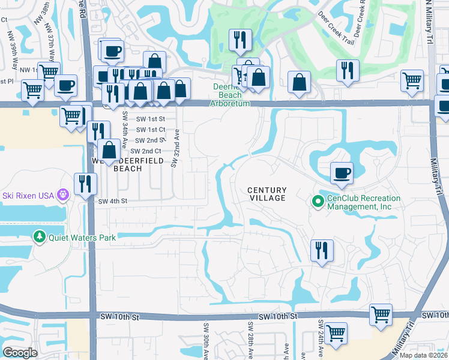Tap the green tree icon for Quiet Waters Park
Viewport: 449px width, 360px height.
click(x=40, y=238)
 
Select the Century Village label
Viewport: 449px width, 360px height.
click(x=267, y=194)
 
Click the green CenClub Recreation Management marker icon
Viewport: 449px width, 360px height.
click(x=318, y=202)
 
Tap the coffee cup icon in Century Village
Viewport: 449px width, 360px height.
click(x=342, y=173)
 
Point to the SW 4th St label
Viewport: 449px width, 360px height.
click(x=112, y=201)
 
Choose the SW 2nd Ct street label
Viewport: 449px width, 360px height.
click(x=145, y=151)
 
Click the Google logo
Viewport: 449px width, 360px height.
click(x=20, y=353)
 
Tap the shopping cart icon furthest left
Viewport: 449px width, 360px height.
click(x=32, y=91)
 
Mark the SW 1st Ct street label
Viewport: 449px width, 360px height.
click(x=148, y=130)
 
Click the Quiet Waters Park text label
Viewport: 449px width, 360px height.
click(x=82, y=238)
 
